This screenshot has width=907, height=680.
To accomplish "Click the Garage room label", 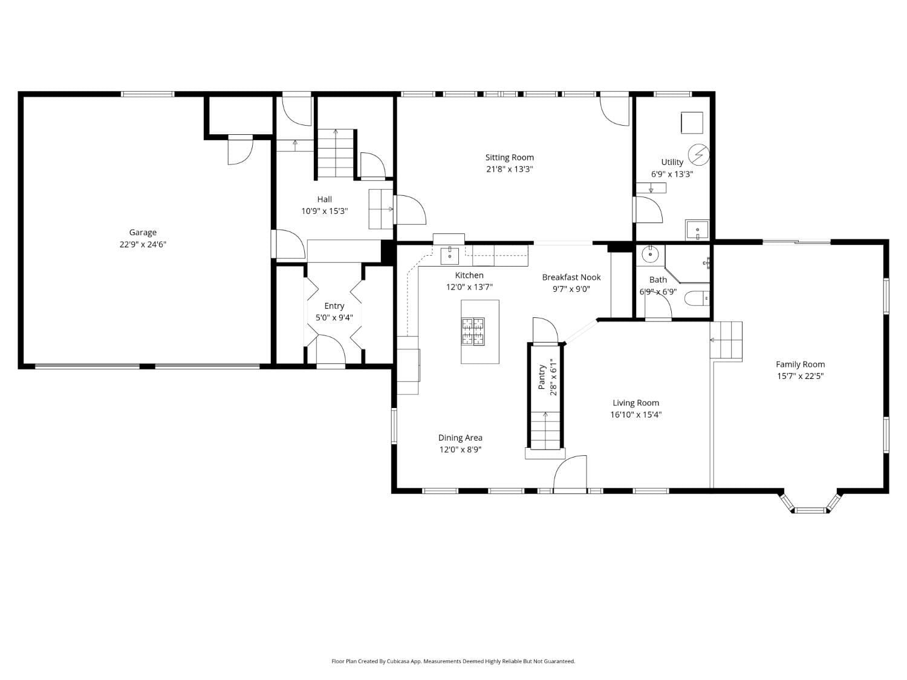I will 143,232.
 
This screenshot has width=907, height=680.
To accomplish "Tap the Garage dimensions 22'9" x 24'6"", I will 143,245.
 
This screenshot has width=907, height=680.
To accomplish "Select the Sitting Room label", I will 509,157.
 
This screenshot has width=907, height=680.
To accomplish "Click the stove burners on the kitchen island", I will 473,331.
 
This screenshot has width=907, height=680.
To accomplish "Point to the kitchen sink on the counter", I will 449,256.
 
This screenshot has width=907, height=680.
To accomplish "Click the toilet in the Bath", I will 696,298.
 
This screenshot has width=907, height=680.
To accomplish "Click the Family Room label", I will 800,364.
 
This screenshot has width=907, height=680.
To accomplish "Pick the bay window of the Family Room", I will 810,507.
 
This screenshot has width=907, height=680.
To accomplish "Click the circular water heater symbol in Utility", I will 698,155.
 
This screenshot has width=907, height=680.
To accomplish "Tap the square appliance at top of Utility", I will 692,123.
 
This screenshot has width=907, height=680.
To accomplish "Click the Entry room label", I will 334,306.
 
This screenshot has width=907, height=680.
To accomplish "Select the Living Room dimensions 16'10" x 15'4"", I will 636,415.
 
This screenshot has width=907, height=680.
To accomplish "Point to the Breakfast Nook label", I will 571,277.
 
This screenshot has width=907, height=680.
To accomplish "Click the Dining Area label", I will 460,438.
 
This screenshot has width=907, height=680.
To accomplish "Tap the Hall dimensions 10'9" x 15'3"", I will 325,211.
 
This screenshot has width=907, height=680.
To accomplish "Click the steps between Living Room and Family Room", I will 726,340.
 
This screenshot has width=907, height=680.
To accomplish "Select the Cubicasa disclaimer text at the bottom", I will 453,661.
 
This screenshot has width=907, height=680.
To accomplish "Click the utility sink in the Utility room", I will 697,230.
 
